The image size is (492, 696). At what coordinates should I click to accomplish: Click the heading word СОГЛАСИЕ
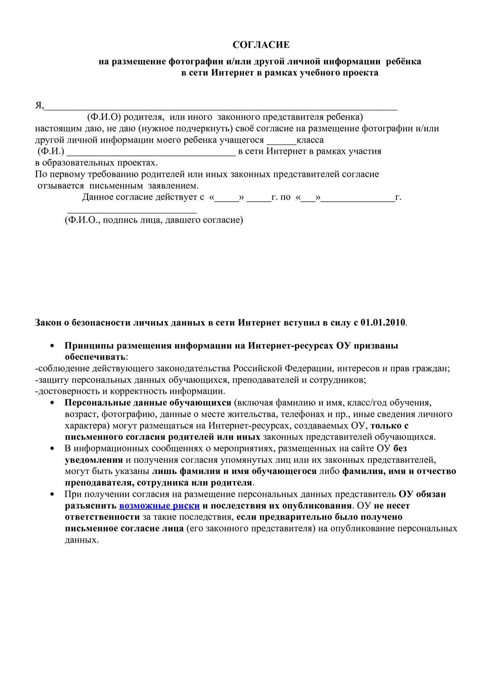[261, 45]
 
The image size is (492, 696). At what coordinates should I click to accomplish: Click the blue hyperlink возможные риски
[159, 505]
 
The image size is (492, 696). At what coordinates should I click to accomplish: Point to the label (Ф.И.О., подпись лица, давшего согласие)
[154, 220]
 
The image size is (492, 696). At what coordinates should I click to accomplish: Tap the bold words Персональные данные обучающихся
[148, 403]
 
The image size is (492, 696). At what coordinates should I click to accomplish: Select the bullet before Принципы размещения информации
[52, 346]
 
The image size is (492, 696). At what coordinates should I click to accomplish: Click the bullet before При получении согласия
[52, 494]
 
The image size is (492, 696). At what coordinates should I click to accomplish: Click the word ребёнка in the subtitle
[404, 62]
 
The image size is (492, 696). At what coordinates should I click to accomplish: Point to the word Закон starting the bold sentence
[48, 322]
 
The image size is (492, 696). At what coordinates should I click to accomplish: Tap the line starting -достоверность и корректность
[130, 391]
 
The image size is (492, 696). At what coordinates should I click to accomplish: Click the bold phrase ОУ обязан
[422, 494]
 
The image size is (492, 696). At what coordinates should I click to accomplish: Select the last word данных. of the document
[82, 540]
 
